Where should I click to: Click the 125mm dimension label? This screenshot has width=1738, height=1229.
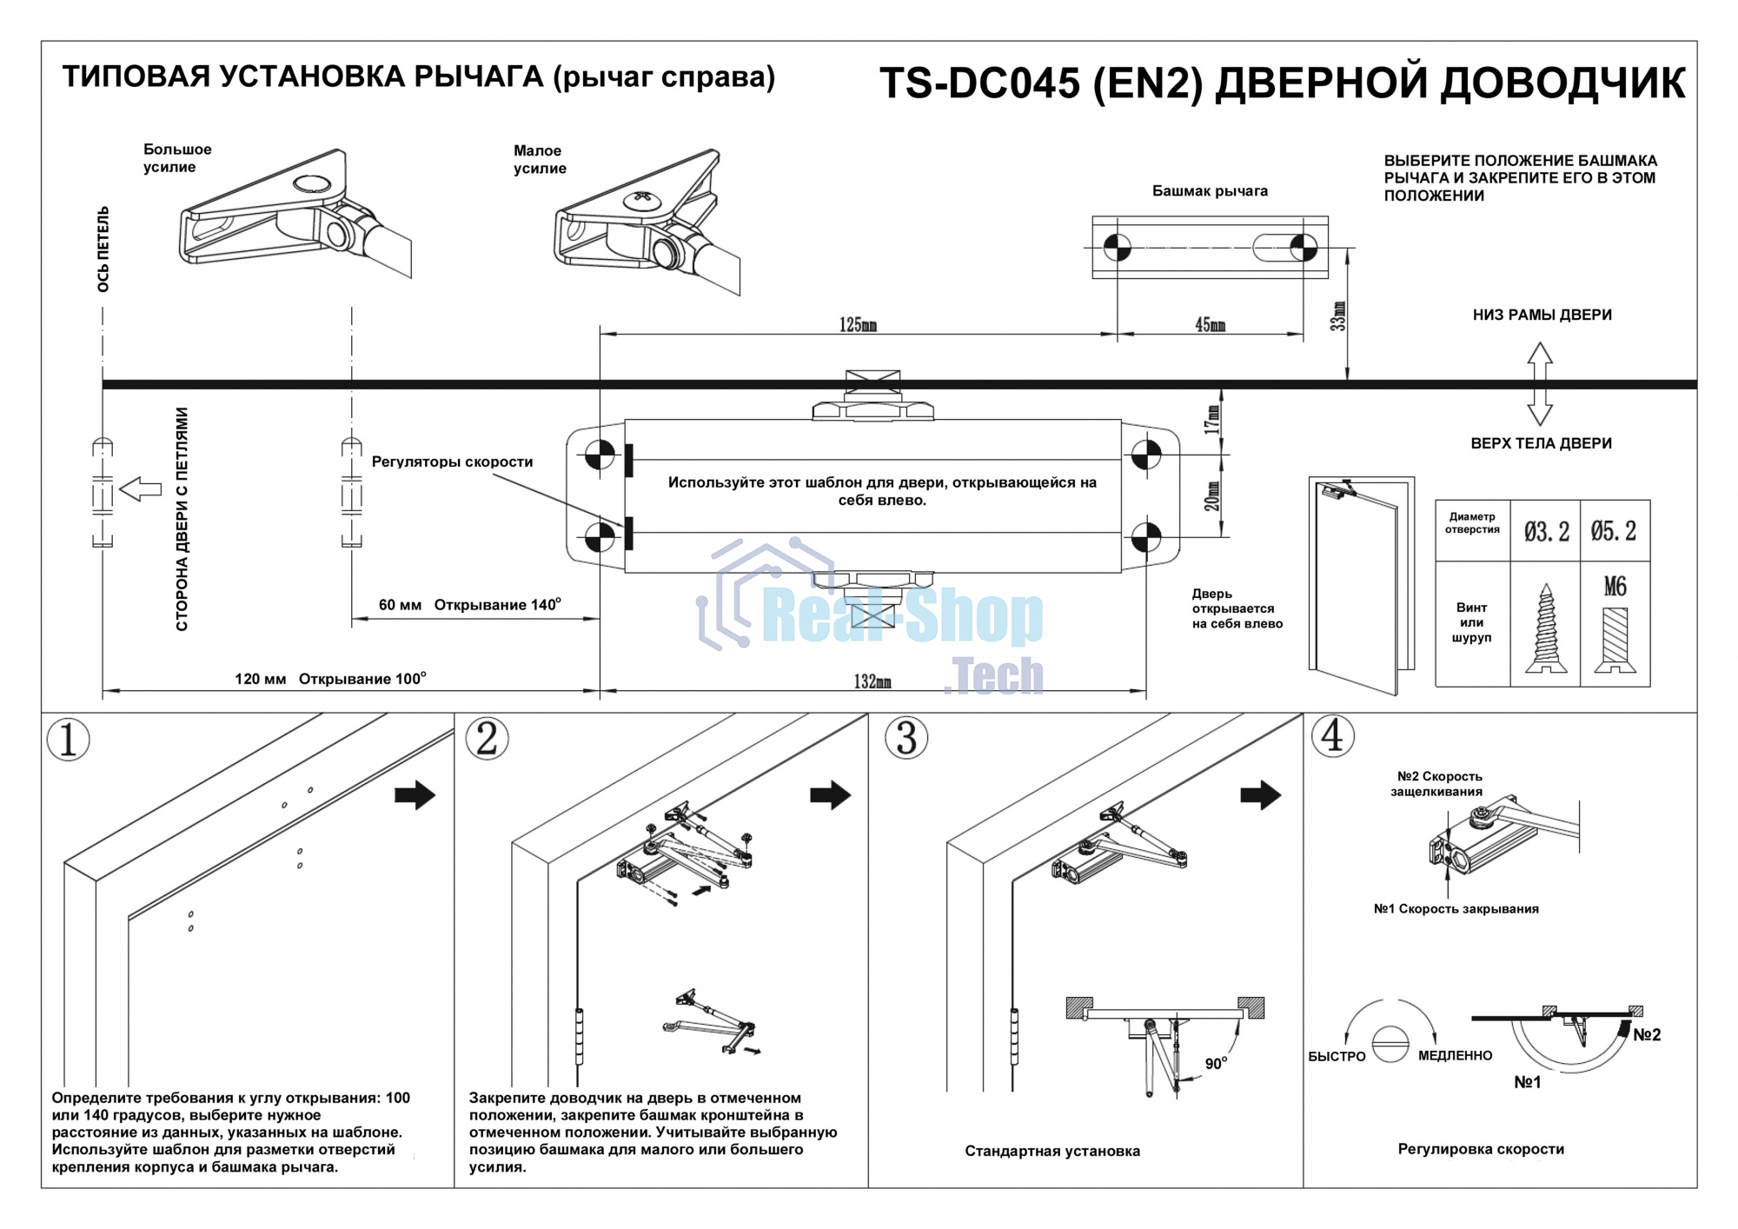click(857, 325)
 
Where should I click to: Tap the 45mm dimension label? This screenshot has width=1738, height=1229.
click(1210, 325)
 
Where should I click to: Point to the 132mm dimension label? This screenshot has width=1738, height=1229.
click(872, 682)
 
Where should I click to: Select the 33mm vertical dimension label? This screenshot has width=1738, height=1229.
click(1338, 316)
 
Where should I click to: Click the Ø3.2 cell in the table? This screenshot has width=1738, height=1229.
click(1546, 531)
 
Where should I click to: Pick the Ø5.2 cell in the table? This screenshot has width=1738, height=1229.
click(1614, 531)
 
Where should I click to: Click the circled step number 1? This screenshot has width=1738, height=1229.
click(68, 740)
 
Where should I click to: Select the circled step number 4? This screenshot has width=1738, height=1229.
click(1332, 736)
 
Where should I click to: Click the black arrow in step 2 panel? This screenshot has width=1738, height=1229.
click(830, 794)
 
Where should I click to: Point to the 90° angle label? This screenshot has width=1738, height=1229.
click(1216, 1064)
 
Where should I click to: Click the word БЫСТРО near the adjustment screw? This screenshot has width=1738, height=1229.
click(1337, 1057)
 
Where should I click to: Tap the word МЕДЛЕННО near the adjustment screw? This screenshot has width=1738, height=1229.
click(1455, 1056)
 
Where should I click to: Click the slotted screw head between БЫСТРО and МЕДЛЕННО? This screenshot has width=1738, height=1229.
click(1390, 1043)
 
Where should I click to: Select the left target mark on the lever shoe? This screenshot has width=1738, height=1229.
click(1117, 248)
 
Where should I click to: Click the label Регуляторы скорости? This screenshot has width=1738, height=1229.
click(452, 462)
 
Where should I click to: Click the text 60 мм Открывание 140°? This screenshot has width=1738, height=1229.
click(469, 605)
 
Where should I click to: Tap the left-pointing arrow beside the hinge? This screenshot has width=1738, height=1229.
click(141, 489)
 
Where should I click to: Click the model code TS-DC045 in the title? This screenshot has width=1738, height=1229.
click(980, 84)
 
